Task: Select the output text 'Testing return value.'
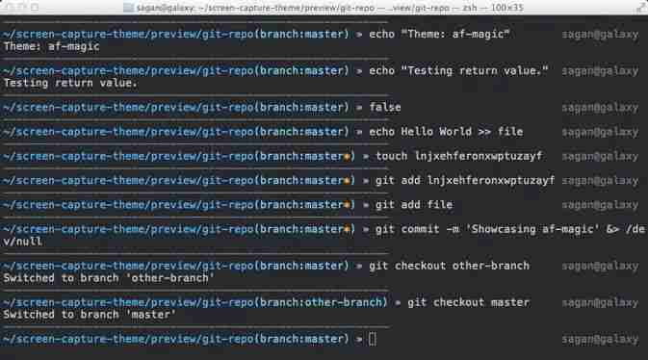(70, 82)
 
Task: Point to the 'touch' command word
(391, 155)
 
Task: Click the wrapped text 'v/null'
(22, 242)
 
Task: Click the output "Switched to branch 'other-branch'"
(108, 278)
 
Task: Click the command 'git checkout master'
(468, 302)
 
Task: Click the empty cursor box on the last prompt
(373, 339)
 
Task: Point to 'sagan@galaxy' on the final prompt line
(599, 339)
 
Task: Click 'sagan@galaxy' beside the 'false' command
(599, 106)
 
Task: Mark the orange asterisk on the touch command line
(348, 155)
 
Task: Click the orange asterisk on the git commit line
(348, 229)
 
